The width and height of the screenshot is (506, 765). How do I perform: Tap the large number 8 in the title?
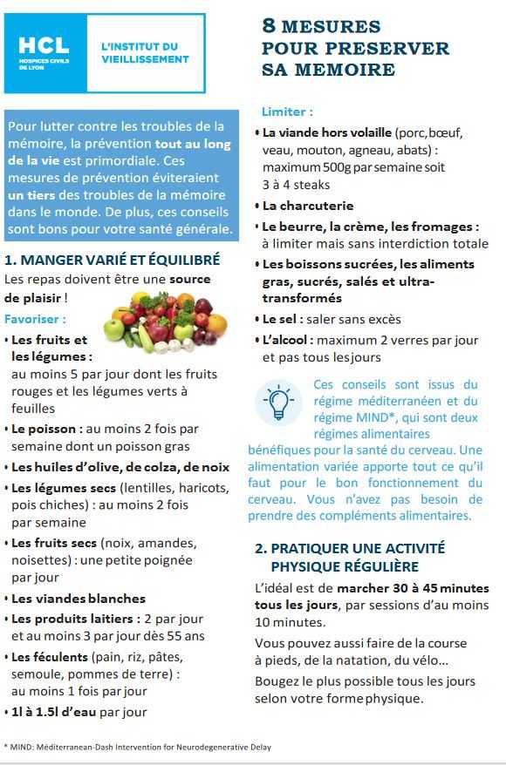point(270,27)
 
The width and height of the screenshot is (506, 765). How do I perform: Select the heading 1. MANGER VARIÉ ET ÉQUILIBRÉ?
point(112,260)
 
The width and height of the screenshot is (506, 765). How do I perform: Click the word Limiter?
point(288,112)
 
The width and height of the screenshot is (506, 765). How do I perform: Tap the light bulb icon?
point(279,402)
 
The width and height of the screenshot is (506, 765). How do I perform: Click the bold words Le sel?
point(281,319)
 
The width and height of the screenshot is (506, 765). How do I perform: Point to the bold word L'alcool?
point(286,340)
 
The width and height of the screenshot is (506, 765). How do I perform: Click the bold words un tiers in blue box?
point(34,194)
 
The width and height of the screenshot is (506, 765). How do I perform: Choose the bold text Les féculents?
point(50,657)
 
